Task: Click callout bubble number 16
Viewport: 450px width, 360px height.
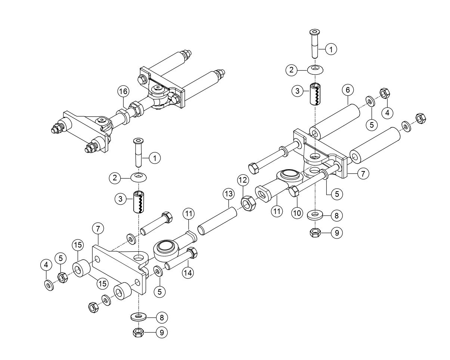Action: pos(123,91)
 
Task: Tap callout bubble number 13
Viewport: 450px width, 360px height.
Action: pos(228,194)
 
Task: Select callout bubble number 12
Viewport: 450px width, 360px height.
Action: pos(243,180)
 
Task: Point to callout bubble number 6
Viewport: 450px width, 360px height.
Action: pos(347,90)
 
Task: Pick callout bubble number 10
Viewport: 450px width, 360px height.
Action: pos(297,213)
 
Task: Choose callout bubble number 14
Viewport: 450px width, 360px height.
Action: pos(188,273)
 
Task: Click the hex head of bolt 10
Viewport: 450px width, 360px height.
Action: pos(294,192)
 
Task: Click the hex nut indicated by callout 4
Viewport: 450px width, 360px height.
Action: pos(384,93)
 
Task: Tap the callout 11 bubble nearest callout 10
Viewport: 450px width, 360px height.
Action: pos(277,211)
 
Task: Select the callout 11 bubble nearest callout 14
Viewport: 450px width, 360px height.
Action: pos(188,214)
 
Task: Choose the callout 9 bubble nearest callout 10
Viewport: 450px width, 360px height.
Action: pos(336,233)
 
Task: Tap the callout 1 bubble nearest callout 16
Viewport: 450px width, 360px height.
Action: pos(154,158)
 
